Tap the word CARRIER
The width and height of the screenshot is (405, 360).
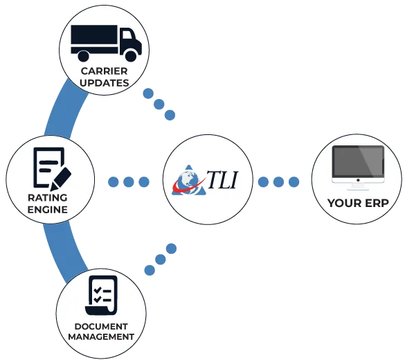(x=104, y=71)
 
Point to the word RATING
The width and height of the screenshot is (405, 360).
(x=47, y=198)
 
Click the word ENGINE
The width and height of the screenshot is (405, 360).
(x=47, y=209)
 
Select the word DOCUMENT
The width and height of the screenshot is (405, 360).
(x=101, y=326)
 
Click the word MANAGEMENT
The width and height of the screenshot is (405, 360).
(x=101, y=336)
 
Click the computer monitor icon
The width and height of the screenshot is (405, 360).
(x=357, y=167)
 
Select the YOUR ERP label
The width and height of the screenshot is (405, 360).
(x=357, y=204)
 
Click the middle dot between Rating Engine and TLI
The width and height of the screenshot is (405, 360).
(x=128, y=182)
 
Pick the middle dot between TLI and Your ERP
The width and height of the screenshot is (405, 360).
(x=278, y=182)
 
